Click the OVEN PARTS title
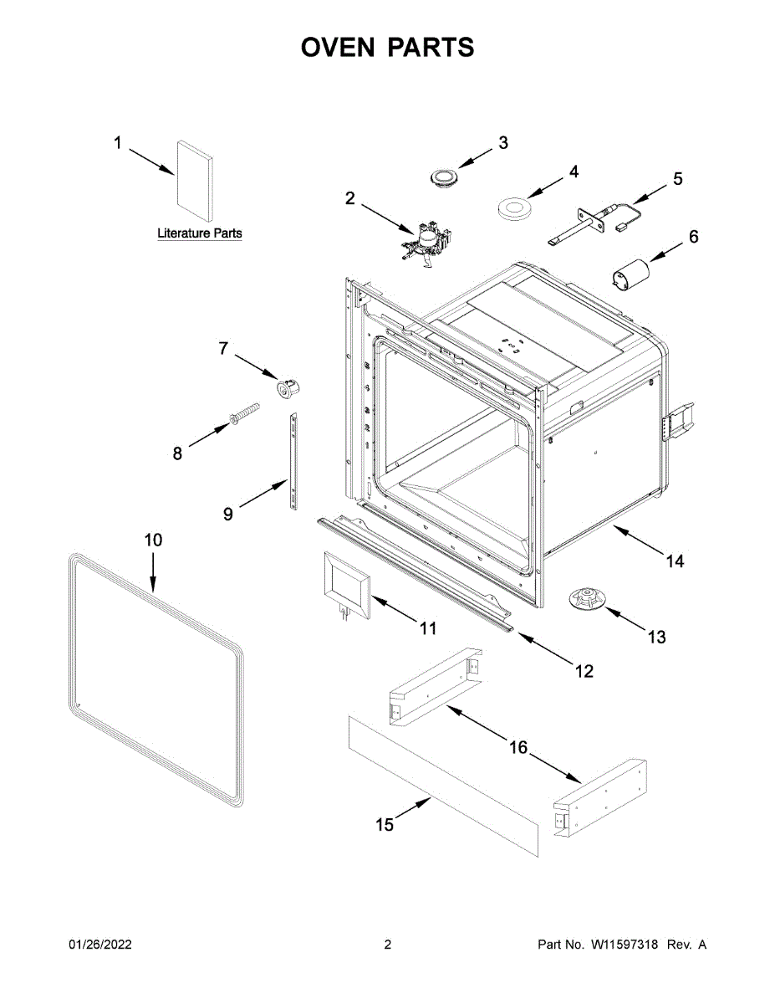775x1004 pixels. pos(387,48)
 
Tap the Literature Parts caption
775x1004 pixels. pos(200,233)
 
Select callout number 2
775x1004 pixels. pos(350,198)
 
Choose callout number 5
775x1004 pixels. pos(678,178)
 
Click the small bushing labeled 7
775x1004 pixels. pos(288,387)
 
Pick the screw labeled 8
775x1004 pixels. pos(242,416)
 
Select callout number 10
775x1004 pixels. pos(153,540)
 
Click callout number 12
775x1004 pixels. pos(584,670)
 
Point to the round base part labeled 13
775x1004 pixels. pos(588,599)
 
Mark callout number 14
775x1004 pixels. pos(675,561)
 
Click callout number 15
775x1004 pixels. pos(384,825)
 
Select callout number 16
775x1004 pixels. pos(519,747)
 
